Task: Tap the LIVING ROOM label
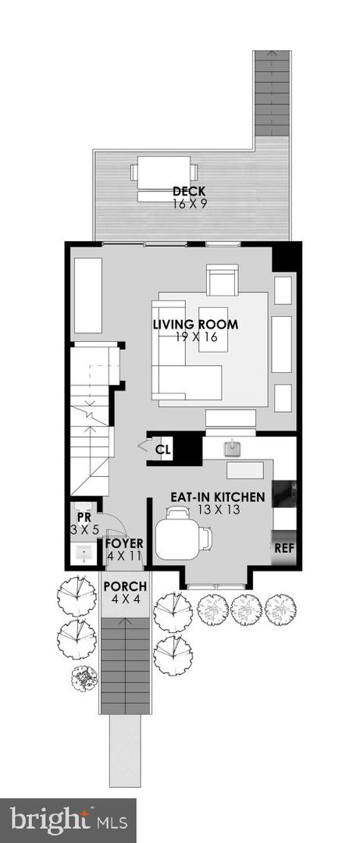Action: click(x=195, y=325)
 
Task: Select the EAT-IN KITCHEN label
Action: click(x=219, y=496)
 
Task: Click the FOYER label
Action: click(x=124, y=543)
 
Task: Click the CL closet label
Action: click(x=162, y=450)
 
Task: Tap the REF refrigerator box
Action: click(x=283, y=548)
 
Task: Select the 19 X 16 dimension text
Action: click(x=195, y=338)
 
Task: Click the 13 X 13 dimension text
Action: click(x=218, y=510)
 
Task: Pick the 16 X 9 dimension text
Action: click(x=190, y=203)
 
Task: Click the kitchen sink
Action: click(x=231, y=448)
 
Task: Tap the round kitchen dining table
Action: click(x=177, y=539)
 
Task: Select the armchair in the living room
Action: click(x=222, y=280)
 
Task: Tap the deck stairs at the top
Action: click(x=273, y=94)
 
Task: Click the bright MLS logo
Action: click(x=68, y=820)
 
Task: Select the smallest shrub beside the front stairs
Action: click(x=84, y=678)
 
